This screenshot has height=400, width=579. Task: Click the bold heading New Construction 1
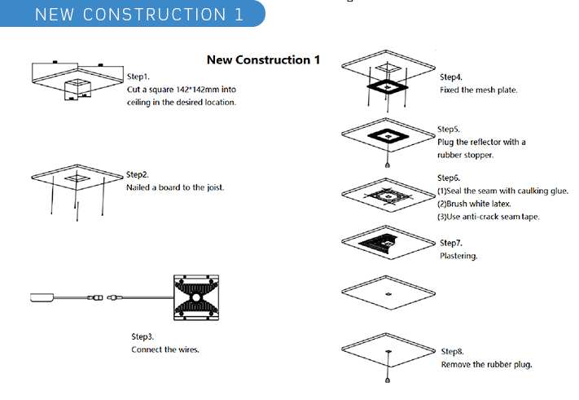click(x=263, y=60)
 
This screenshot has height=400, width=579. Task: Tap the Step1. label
click(x=138, y=76)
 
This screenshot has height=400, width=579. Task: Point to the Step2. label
click(x=138, y=174)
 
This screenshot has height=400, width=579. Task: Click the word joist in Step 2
click(x=214, y=187)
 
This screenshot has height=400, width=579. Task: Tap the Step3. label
click(x=143, y=336)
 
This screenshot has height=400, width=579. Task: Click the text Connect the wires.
click(x=165, y=349)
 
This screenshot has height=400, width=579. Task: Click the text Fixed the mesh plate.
click(x=478, y=90)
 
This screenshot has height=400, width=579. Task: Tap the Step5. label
click(x=449, y=129)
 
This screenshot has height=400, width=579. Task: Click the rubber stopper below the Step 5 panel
click(x=389, y=165)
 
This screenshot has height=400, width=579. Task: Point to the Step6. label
click(x=449, y=178)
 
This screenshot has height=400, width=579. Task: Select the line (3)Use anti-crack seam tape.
click(x=489, y=216)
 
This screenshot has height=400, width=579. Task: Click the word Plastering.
click(x=458, y=256)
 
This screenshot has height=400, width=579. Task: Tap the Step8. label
click(x=453, y=351)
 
